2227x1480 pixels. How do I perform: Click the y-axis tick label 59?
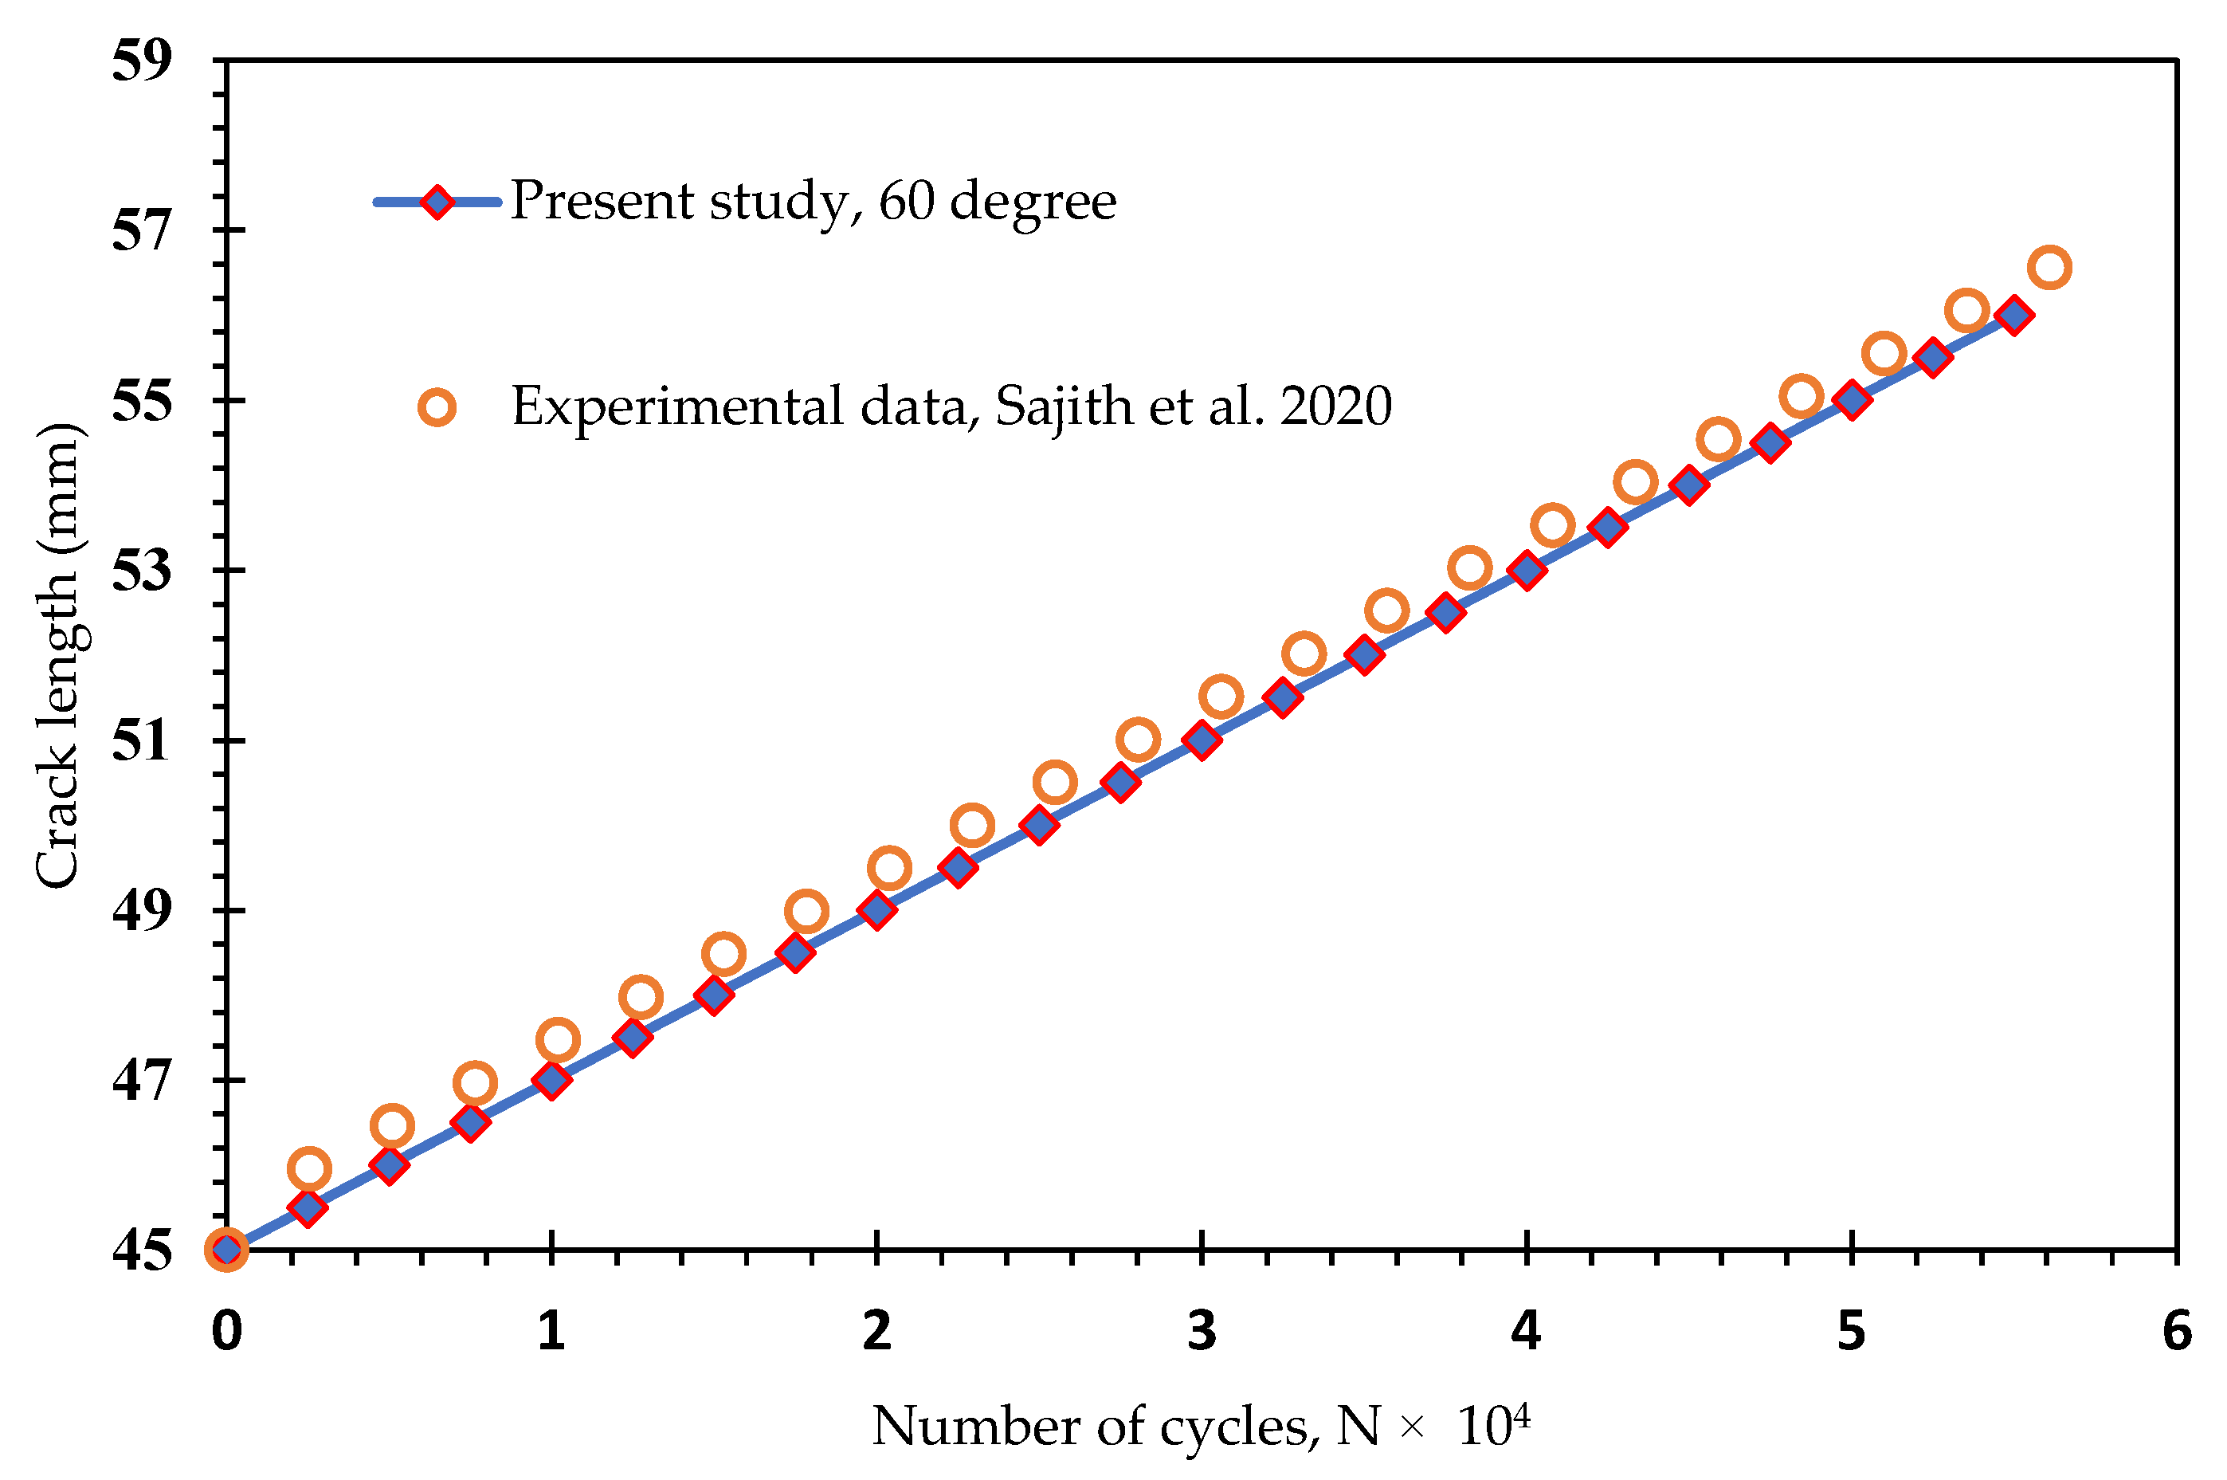click(x=142, y=61)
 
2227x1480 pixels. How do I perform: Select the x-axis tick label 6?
click(x=2176, y=1331)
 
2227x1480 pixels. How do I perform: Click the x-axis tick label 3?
click(x=1202, y=1331)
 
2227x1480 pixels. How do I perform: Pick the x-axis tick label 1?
click(x=551, y=1331)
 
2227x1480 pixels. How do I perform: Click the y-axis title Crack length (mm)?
click(x=58, y=655)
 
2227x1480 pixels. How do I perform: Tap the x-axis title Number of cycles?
click(x=1095, y=1425)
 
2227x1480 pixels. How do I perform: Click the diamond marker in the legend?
click(x=437, y=201)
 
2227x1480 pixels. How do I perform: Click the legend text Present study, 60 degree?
click(x=814, y=201)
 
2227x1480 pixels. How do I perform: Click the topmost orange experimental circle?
click(x=2049, y=267)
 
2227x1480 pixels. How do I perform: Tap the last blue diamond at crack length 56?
click(x=2013, y=316)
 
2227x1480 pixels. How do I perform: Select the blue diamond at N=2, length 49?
click(x=876, y=910)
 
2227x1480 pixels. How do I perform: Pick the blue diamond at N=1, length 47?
click(x=551, y=1080)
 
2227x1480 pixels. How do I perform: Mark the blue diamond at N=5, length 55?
click(x=1852, y=400)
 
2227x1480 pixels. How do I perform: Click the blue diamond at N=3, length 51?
click(x=1202, y=740)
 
